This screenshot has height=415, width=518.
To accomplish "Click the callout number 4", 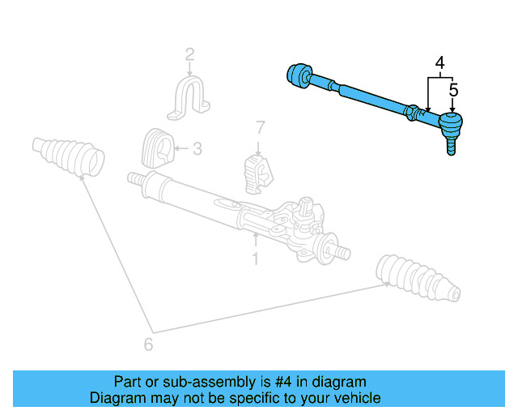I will (x=440, y=62).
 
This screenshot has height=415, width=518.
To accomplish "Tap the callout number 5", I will (x=453, y=90).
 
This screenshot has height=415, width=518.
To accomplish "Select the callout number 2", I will (x=189, y=55).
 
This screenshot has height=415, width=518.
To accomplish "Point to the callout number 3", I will (x=197, y=148).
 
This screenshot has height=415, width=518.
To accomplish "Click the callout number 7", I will (x=260, y=127).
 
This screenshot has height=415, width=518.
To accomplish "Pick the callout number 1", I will (x=255, y=259).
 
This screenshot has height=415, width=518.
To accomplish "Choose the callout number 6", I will (x=148, y=344).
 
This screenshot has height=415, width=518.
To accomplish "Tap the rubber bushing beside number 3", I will (x=157, y=148).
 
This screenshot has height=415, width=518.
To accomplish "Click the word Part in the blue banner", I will (x=128, y=382).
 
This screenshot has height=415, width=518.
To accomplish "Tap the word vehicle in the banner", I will (x=358, y=398).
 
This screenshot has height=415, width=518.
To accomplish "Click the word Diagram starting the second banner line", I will (x=117, y=398).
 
